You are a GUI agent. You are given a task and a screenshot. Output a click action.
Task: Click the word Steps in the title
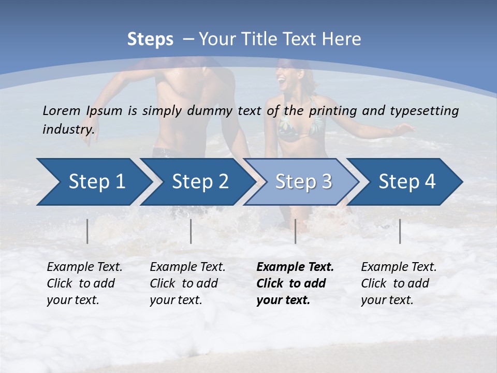click(150, 39)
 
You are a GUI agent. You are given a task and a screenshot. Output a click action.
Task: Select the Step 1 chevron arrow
click(93, 182)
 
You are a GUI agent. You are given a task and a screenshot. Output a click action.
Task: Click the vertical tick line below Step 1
click(87, 231)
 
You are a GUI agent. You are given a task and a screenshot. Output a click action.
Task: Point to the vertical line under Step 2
click(191, 231)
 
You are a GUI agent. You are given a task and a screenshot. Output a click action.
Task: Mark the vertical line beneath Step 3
click(296, 231)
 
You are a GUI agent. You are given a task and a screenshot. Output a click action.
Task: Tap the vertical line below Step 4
click(400, 231)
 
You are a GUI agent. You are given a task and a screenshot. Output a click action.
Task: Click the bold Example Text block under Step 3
click(295, 283)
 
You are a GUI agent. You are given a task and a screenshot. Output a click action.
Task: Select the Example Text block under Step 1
click(84, 283)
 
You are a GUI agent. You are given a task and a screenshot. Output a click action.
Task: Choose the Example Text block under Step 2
click(187, 283)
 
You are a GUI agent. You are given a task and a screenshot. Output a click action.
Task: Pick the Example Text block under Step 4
click(399, 283)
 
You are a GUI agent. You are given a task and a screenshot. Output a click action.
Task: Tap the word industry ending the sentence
click(68, 129)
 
